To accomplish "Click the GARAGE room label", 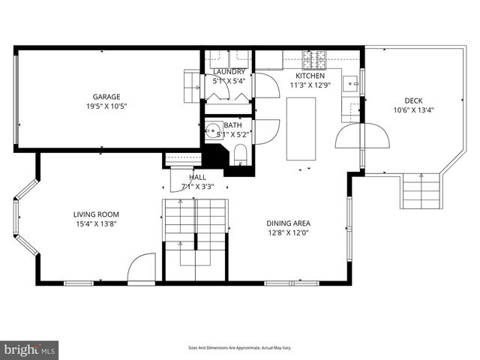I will [x=106, y=96].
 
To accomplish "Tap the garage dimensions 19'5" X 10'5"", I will [x=106, y=106].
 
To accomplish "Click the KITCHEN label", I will [x=310, y=76].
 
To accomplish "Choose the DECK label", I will [x=413, y=100].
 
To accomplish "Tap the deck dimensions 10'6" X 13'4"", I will [x=413, y=110].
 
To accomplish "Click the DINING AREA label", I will [x=288, y=223].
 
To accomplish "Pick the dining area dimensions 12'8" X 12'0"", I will [x=288, y=232].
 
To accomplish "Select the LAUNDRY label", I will [x=228, y=72].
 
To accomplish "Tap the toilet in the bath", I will [x=240, y=154].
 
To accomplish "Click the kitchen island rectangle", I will [x=301, y=129].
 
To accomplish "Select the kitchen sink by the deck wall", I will [x=349, y=83].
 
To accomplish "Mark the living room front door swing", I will [x=141, y=269].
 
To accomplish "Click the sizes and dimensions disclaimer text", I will [x=239, y=348].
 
